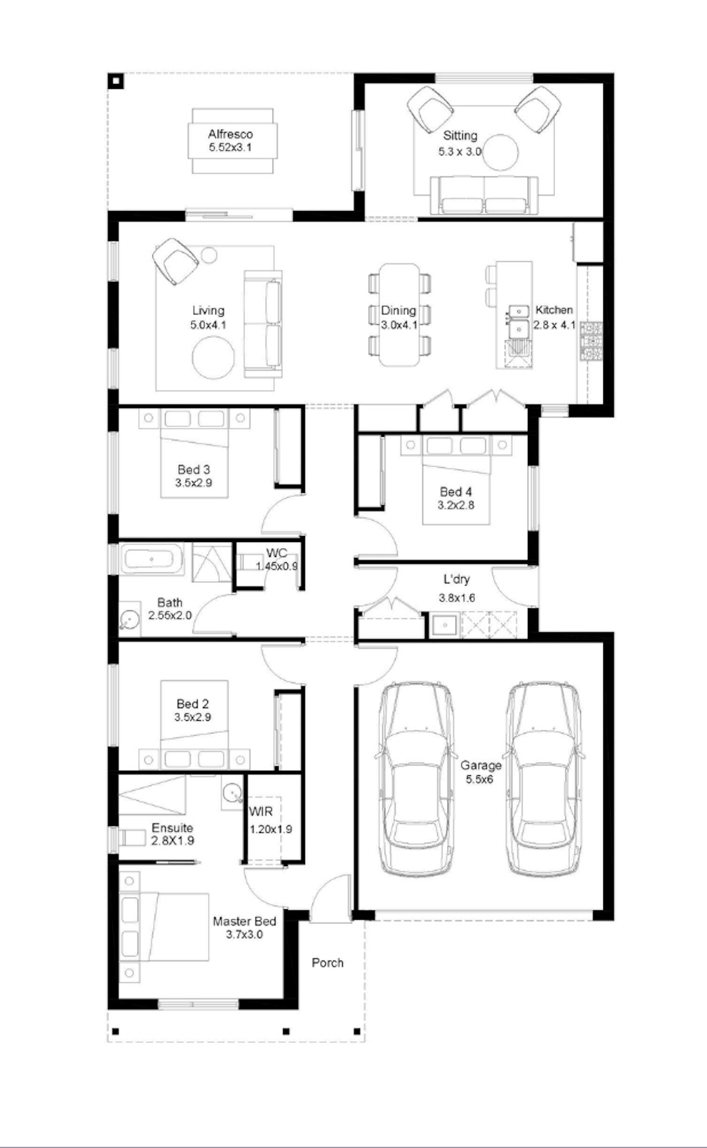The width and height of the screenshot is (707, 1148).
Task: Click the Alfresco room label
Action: (x=230, y=134)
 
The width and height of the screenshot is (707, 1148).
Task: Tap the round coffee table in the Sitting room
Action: (x=501, y=153)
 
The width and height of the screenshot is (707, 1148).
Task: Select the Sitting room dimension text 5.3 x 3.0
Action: (x=459, y=151)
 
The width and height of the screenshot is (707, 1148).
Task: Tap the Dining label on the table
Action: (x=398, y=311)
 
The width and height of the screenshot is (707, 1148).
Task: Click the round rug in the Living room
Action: (x=213, y=357)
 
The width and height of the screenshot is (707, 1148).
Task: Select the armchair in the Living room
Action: (x=176, y=261)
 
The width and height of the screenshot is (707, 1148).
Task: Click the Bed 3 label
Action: (x=193, y=470)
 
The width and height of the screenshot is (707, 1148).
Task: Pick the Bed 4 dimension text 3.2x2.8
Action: (x=456, y=505)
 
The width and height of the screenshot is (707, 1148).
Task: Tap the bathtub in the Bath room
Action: (x=151, y=559)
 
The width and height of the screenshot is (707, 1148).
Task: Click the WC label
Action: (x=276, y=553)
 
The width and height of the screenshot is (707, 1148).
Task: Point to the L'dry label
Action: (x=456, y=579)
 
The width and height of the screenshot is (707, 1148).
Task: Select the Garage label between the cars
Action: (x=481, y=765)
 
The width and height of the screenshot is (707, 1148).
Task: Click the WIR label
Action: (x=261, y=812)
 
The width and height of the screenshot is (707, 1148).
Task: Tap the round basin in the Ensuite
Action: (x=232, y=793)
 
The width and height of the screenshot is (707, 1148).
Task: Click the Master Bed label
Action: (x=245, y=921)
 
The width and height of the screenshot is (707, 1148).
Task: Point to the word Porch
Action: (x=327, y=963)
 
